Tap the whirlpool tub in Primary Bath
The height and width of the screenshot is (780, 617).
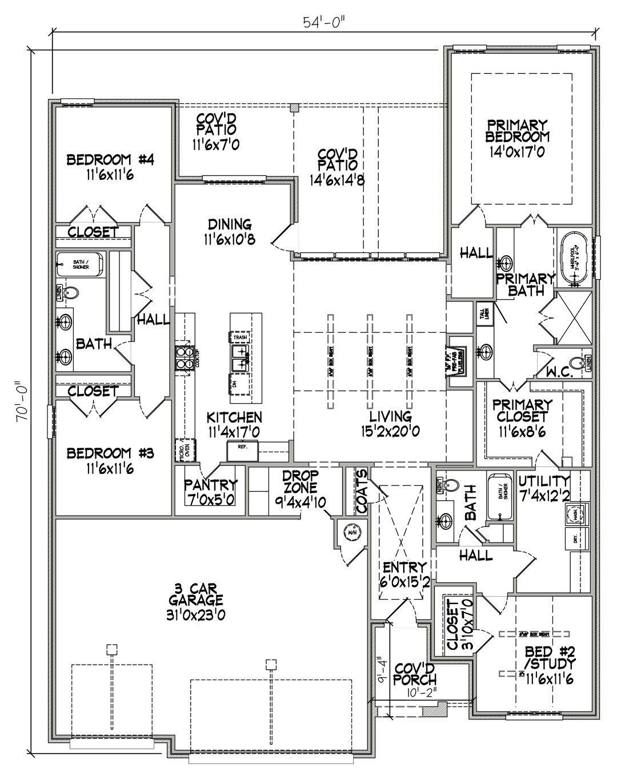pyautogui.click(x=574, y=259)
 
